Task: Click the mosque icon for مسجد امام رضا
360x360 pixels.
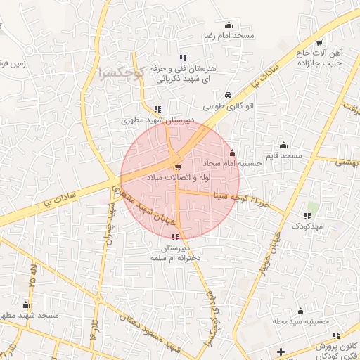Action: point(228,24)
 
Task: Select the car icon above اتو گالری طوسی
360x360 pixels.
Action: point(228,96)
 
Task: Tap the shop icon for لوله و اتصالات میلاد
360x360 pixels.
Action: point(177,167)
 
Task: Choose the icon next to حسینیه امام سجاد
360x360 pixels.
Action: point(233,153)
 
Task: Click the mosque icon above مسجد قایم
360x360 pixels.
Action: point(283,144)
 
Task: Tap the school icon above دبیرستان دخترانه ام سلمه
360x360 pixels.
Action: point(175,238)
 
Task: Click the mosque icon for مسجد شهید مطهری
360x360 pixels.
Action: point(26,305)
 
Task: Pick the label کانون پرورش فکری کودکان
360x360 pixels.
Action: point(335,351)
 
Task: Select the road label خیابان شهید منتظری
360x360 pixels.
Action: point(141,205)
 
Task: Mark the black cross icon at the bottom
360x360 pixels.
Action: point(281,350)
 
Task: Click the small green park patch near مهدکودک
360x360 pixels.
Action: point(313,208)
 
